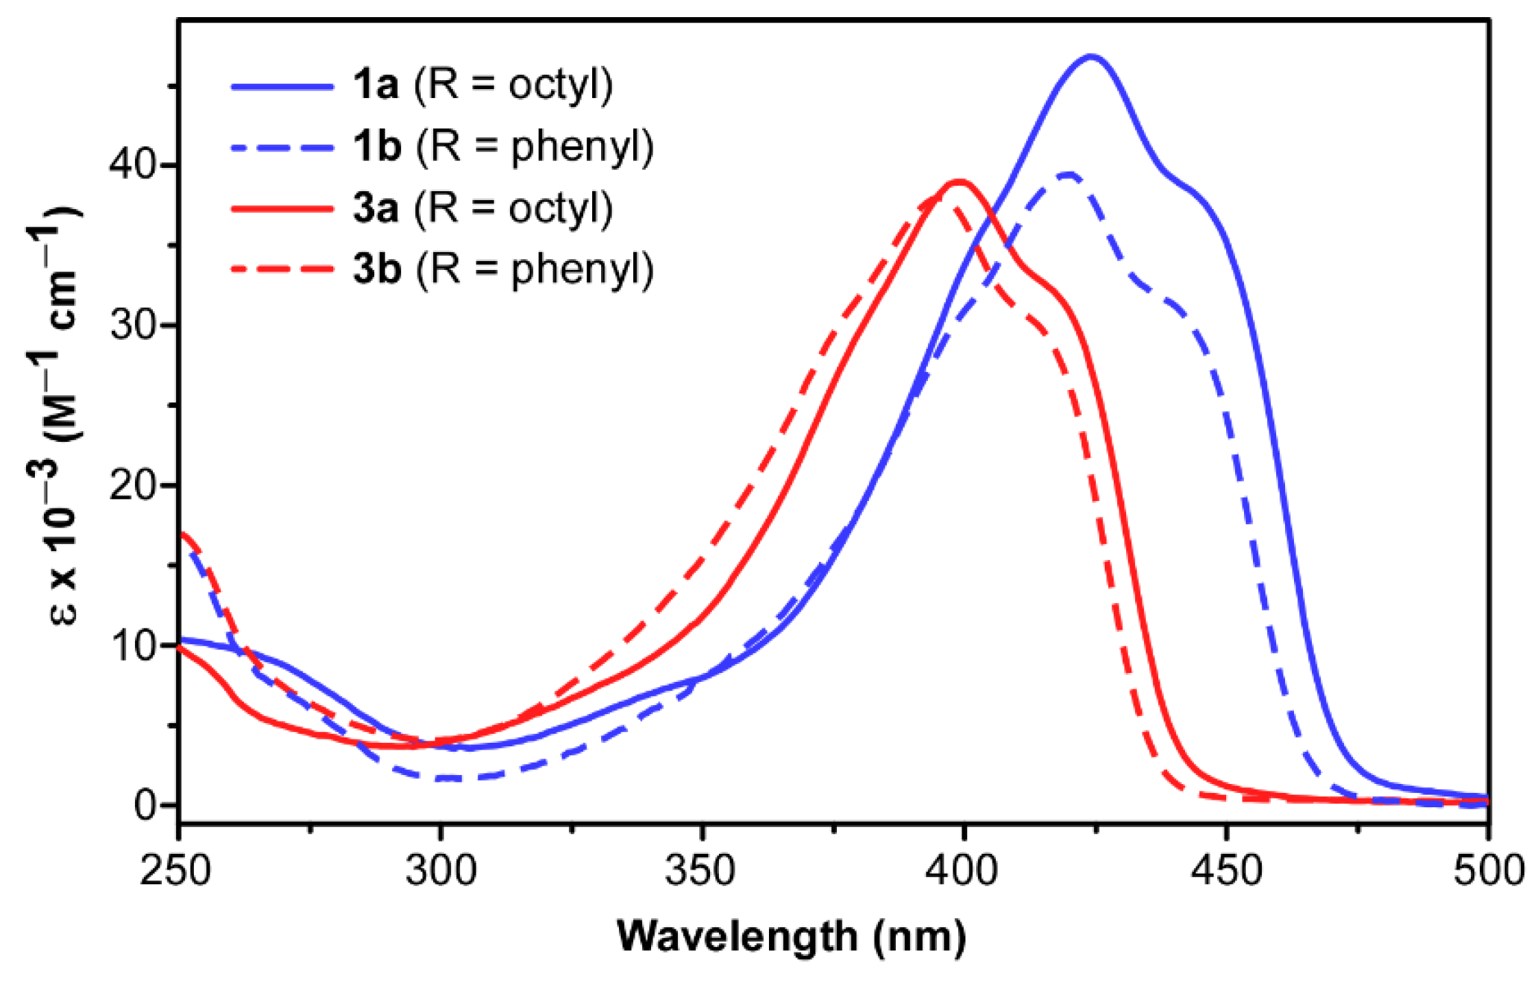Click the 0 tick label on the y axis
[146, 806]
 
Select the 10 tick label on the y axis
[132, 646]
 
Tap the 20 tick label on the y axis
[132, 485]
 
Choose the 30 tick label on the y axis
[132, 325]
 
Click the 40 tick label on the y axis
[132, 165]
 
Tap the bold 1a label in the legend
[376, 86]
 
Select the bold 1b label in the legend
[377, 147]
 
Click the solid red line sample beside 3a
[282, 208]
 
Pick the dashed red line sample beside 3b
[282, 269]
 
